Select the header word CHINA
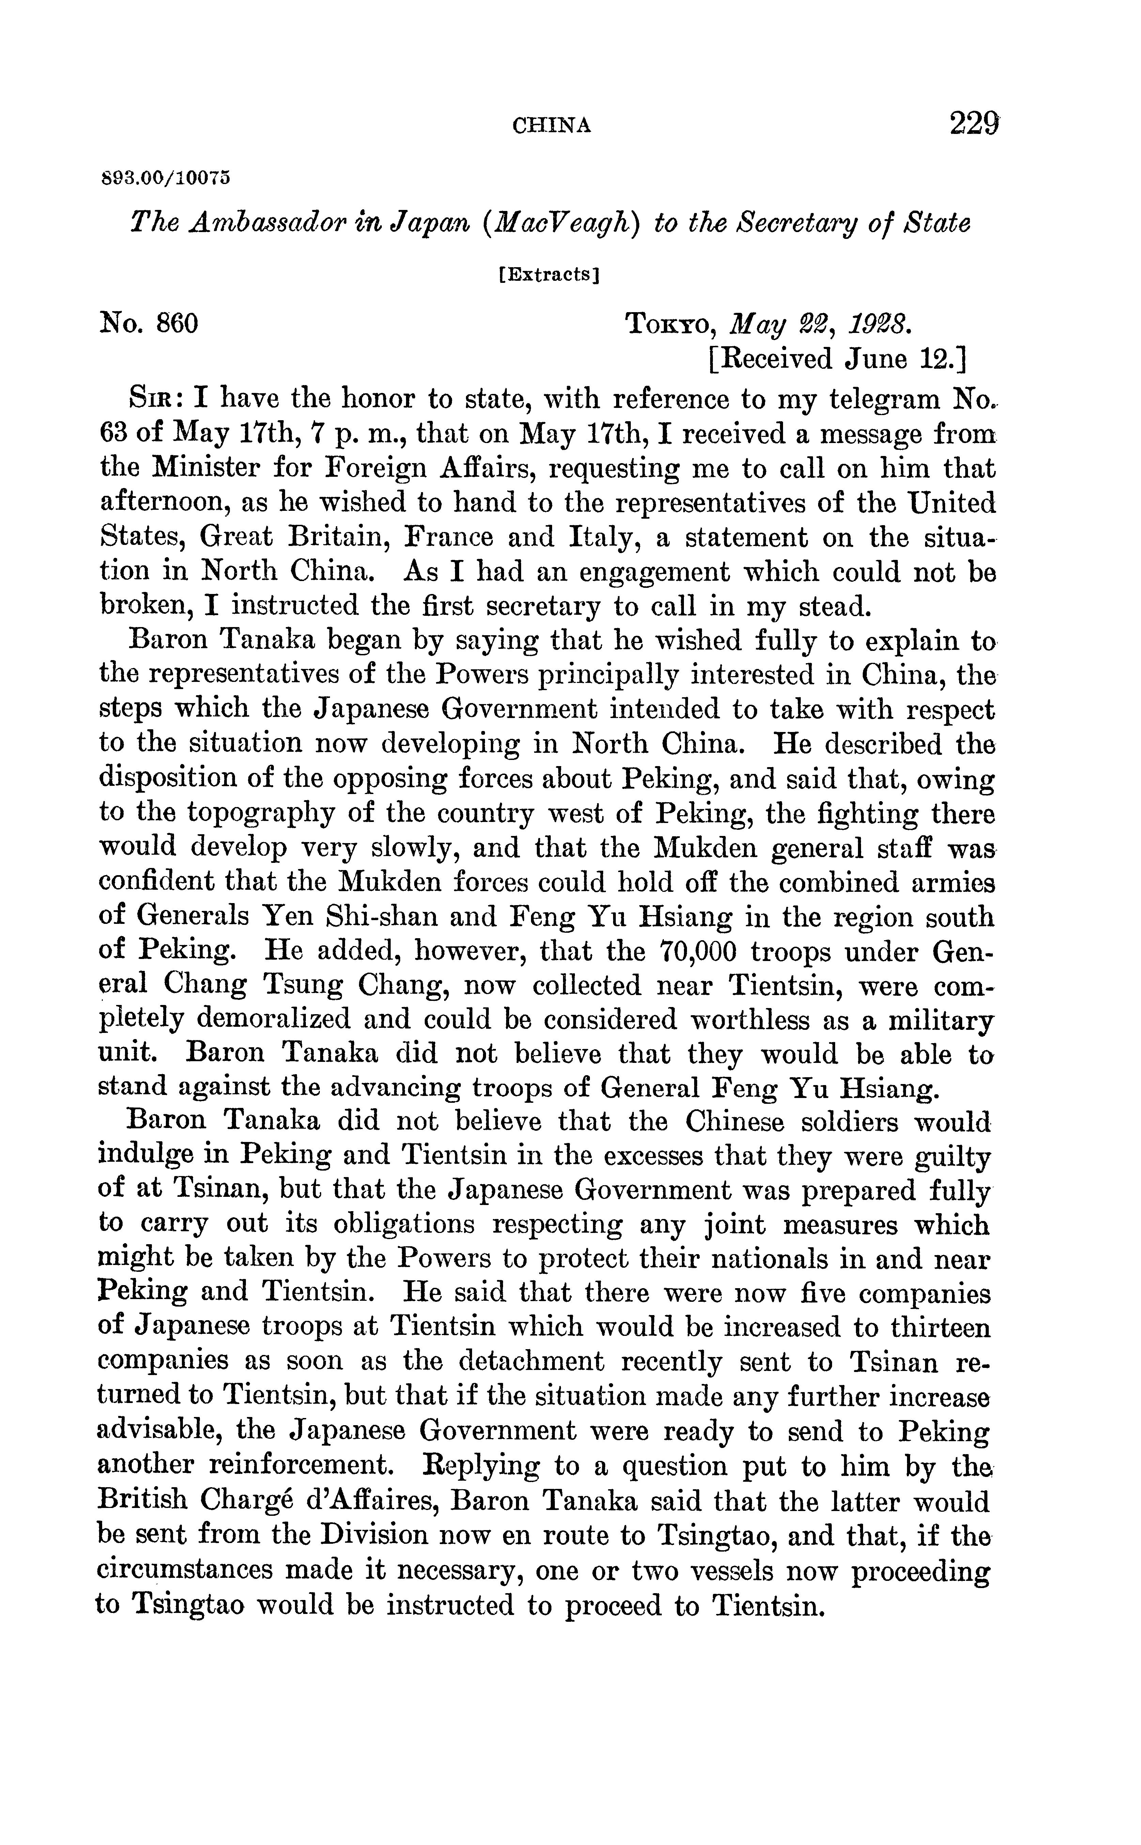(552, 126)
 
